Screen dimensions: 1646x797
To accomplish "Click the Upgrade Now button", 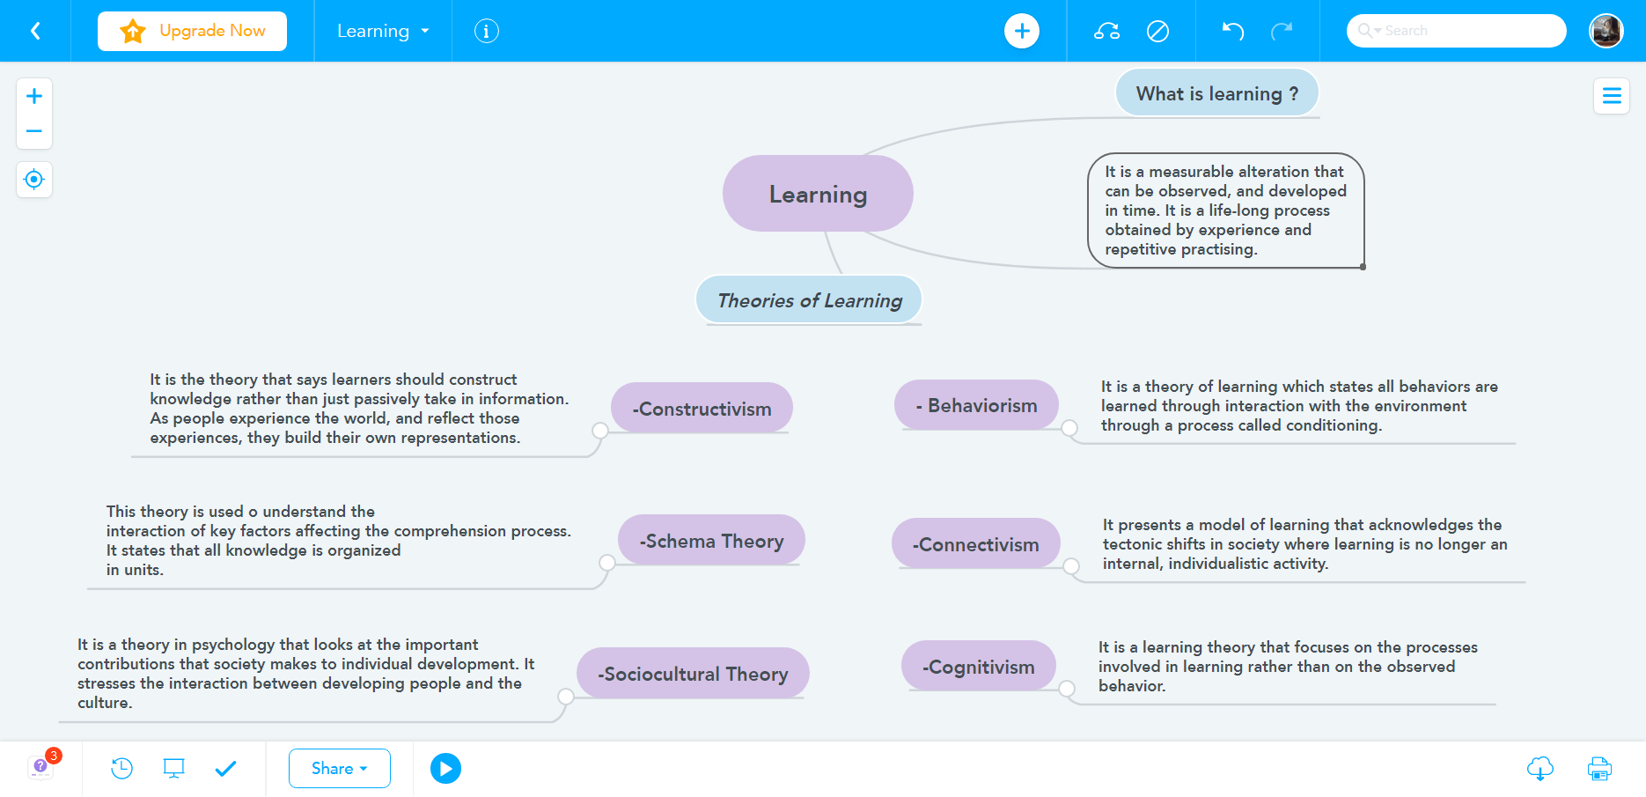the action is point(192,31).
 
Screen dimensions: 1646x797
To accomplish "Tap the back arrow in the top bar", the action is point(35,31).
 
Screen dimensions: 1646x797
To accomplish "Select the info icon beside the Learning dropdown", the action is point(486,31).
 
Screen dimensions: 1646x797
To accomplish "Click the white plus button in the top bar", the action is point(1021,31).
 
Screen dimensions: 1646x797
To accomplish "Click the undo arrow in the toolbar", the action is point(1232,31).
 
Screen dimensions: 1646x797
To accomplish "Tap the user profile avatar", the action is point(1606,31).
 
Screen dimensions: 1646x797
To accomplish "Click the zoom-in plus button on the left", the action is point(34,96).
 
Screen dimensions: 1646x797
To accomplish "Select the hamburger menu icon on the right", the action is point(1611,96).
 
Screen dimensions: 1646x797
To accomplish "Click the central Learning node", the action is point(818,194).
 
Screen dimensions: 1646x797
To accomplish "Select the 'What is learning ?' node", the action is point(1216,93).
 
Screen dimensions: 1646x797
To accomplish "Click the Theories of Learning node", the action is point(809,300).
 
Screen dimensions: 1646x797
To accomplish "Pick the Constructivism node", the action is point(702,409).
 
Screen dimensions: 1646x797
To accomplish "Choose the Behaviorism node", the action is point(976,405).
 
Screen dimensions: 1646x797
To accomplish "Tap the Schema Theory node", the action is point(711,541).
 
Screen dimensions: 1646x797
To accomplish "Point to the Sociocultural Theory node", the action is point(693,674).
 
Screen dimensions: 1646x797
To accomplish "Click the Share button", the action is point(339,768).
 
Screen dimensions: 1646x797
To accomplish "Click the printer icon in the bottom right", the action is point(1598,768).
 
